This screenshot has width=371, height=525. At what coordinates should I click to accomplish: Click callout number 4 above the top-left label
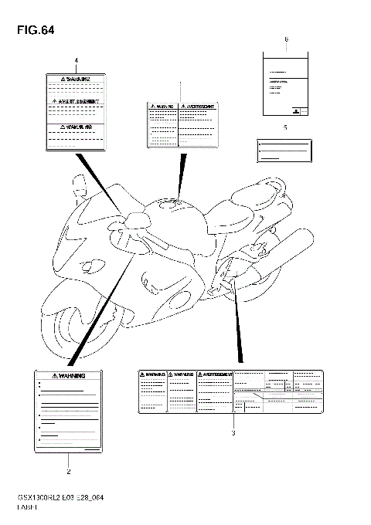coord(77,60)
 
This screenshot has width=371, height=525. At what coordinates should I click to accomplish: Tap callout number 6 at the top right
coord(286,39)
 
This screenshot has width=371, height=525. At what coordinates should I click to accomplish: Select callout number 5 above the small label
coord(285,126)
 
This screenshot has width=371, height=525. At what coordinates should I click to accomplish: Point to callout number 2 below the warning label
coord(69,470)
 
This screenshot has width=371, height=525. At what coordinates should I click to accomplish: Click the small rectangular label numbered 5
coord(284,150)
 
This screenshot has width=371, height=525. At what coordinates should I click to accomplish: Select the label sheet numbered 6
coord(285,83)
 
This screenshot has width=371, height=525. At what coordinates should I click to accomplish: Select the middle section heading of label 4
coord(77,101)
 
